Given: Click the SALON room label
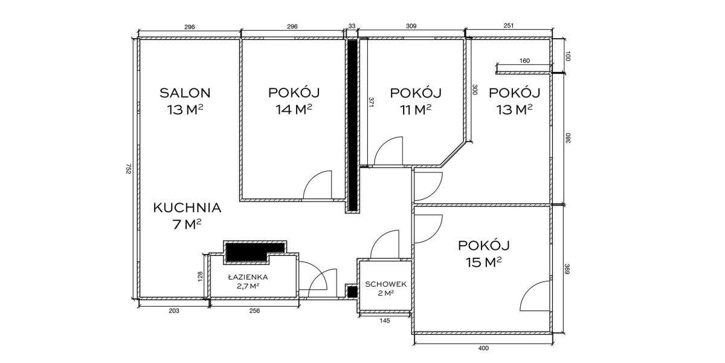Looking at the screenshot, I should tap(185, 93).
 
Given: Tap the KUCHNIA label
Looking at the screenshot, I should tap(187, 208).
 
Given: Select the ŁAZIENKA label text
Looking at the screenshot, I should tap(248, 277).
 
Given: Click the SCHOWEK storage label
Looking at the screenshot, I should tap(384, 284).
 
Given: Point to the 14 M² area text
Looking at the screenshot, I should tap(294, 110).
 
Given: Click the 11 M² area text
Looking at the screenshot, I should tap(415, 110).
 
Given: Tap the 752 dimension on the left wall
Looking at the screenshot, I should tap(129, 169).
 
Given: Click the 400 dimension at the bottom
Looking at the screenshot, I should tap(483, 348).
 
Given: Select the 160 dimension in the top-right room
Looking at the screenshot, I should tap(524, 60).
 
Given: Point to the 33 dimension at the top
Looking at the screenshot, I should tap(352, 26).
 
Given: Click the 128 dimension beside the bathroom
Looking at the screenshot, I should tap(201, 276).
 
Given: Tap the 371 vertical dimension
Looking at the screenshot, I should tap(370, 103).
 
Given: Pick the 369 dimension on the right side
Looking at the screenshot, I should tap(567, 269).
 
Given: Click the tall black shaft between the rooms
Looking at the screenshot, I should tap(352, 124).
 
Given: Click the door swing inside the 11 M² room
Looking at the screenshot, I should tap(389, 152).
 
